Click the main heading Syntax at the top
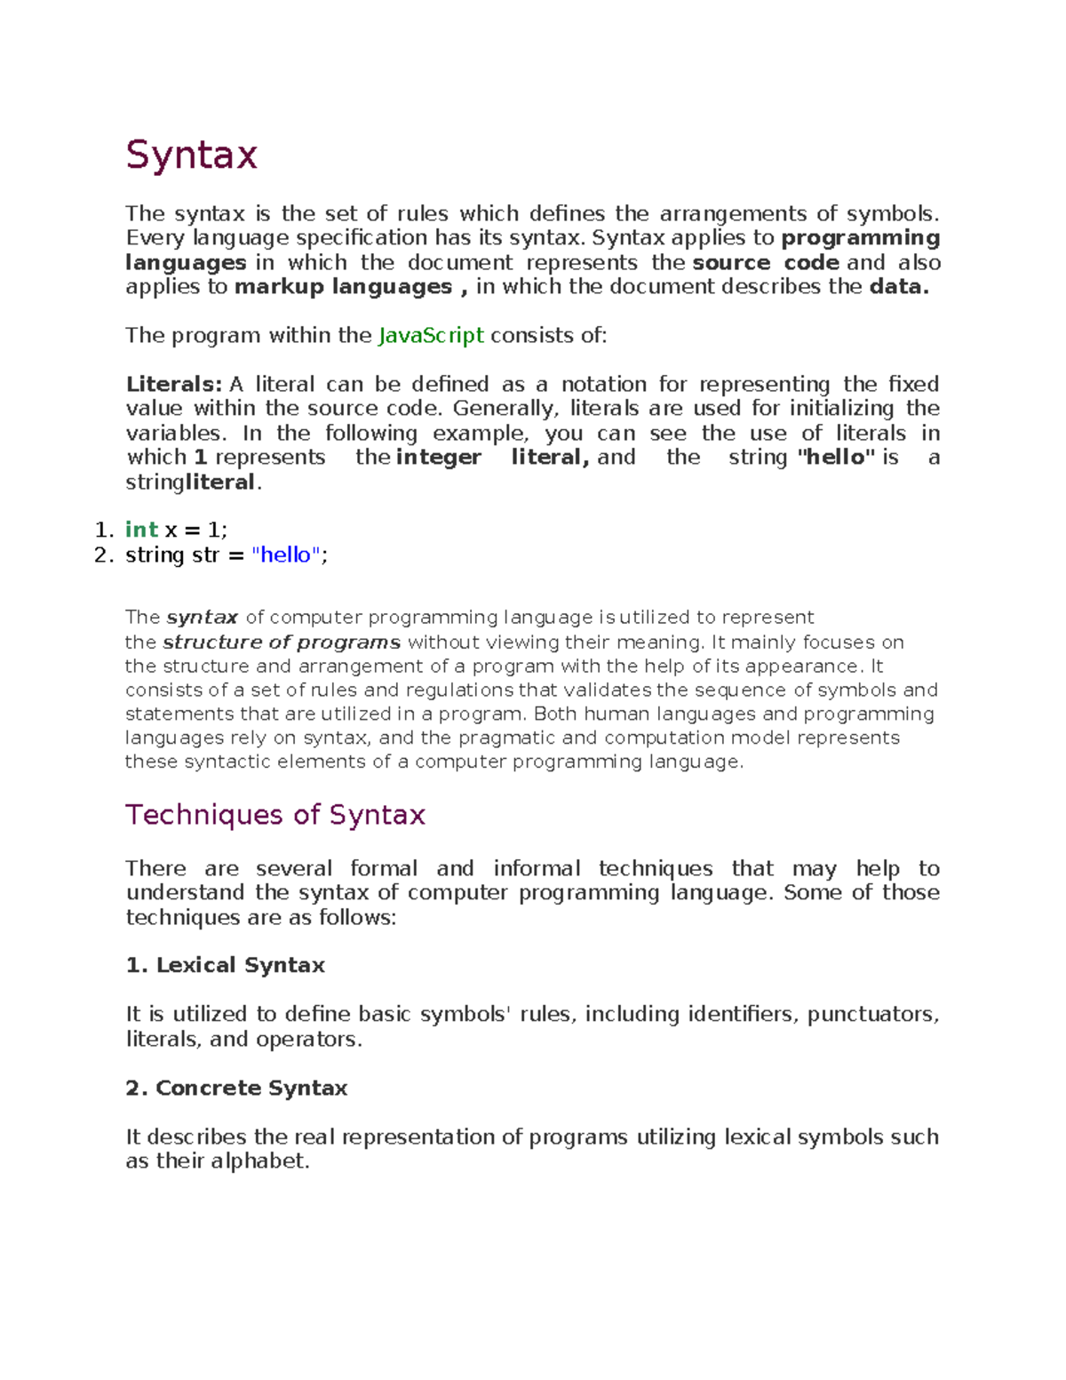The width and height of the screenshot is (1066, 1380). tap(191, 155)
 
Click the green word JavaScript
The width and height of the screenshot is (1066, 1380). tap(431, 336)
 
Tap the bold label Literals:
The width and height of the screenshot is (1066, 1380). tap(174, 385)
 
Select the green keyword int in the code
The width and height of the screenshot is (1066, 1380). tap(141, 530)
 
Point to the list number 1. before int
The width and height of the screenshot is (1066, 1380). tap(104, 530)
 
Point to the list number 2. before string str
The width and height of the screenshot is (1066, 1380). tap(104, 555)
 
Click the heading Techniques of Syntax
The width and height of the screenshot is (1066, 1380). tap(275, 815)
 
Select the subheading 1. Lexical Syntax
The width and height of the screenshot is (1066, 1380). tap(226, 966)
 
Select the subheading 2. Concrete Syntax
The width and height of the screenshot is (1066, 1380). tap(236, 1089)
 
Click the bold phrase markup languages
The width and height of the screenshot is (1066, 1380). tap(344, 287)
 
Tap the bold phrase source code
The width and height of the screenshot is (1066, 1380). tap(766, 263)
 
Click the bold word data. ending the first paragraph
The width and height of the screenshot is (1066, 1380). tap(899, 287)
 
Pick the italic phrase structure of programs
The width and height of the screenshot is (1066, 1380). tap(282, 642)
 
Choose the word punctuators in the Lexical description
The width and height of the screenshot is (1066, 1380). tap(870, 1015)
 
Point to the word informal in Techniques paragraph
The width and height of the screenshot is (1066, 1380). tap(537, 869)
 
